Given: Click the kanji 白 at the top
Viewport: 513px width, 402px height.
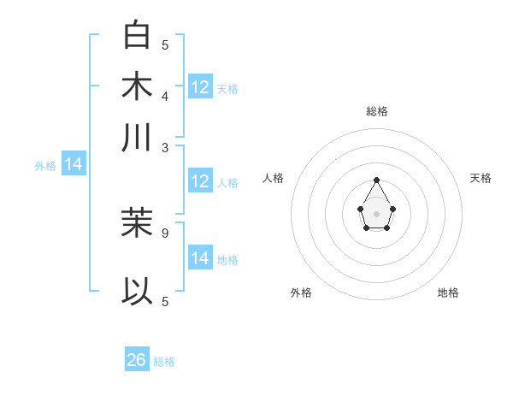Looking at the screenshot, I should point(138,35).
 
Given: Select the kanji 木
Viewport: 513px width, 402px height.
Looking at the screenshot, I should point(138,86).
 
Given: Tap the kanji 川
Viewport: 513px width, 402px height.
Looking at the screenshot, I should point(138,138).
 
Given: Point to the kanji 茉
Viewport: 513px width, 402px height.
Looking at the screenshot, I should point(138,223).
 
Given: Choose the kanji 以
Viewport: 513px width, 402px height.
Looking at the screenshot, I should point(138,292).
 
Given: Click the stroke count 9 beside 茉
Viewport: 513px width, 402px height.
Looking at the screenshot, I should point(165,232).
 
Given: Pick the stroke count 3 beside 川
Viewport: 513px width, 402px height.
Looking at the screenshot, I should point(165,146).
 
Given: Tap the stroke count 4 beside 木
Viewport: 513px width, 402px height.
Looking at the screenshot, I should point(165,95).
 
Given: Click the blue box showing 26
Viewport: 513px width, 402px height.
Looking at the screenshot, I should point(137,360).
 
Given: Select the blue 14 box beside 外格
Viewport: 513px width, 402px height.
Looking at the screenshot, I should point(74,164).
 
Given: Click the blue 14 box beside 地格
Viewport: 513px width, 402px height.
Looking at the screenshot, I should point(200,257).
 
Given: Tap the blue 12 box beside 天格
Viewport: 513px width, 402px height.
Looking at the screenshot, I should point(200,86).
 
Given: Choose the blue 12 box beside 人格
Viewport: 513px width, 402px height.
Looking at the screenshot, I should point(200,181).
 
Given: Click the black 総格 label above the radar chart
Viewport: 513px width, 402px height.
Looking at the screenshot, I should point(377,111).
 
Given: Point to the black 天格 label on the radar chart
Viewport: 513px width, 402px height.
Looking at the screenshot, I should point(481,178).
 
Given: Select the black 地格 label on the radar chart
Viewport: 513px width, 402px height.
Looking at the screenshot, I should point(448,293).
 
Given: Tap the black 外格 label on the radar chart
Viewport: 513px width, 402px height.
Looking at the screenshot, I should point(301,293).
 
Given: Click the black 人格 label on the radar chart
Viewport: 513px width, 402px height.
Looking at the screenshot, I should point(274,178).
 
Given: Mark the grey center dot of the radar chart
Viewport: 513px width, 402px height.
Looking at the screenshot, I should point(377,213).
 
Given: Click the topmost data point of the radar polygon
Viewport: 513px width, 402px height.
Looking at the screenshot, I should point(377,180).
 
